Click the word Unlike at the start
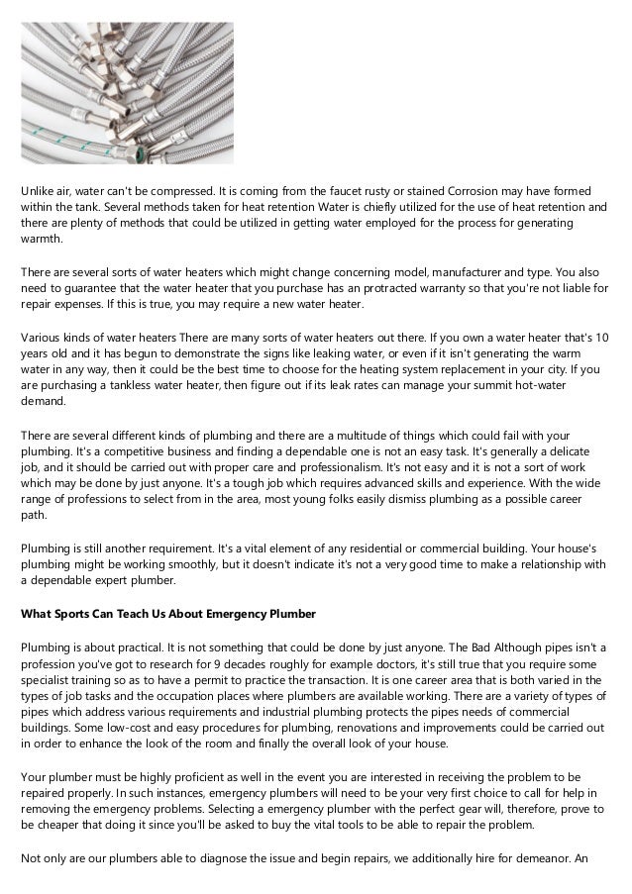click(x=39, y=189)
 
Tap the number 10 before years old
click(x=603, y=339)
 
